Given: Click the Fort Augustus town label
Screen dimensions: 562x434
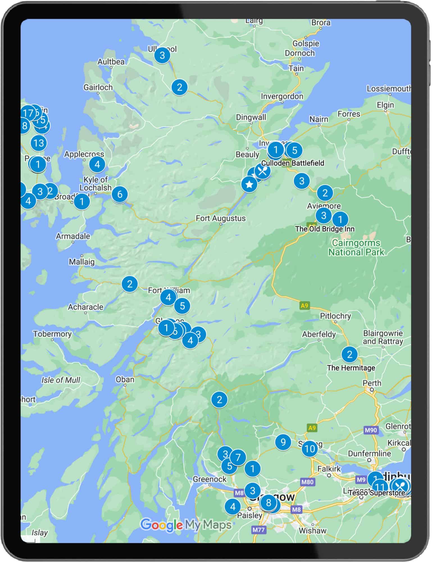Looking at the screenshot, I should click(221, 218).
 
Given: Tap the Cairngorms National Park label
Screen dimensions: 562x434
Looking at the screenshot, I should click(356, 248).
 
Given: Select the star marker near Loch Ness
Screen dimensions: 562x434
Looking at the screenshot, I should click(249, 185).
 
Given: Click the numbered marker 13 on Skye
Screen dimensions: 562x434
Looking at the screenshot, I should click(38, 143).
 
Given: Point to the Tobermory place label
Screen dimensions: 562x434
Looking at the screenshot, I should click(52, 334).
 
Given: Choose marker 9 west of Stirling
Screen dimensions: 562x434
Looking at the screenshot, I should click(283, 442).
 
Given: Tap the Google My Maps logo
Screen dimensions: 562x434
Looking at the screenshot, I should click(186, 525).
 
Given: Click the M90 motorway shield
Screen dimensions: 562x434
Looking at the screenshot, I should click(371, 430).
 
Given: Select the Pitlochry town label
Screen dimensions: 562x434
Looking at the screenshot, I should click(335, 316).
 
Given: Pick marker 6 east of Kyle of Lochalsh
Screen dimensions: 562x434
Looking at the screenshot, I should click(120, 194).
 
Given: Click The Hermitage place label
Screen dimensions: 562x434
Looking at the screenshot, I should click(351, 368).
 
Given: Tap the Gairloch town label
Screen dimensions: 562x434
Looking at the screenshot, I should click(98, 87).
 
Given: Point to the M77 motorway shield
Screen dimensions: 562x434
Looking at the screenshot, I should click(258, 530).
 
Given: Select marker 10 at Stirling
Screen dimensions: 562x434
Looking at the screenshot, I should click(310, 449).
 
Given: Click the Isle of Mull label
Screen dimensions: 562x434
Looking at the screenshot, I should click(61, 380).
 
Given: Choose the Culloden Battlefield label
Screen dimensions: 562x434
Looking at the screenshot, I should click(292, 163).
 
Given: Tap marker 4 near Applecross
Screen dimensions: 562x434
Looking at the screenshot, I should click(97, 164).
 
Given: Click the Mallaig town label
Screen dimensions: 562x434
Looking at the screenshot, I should click(82, 262).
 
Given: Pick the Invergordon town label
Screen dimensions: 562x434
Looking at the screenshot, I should click(282, 96).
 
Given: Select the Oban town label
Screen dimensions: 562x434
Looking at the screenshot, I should click(125, 380).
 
